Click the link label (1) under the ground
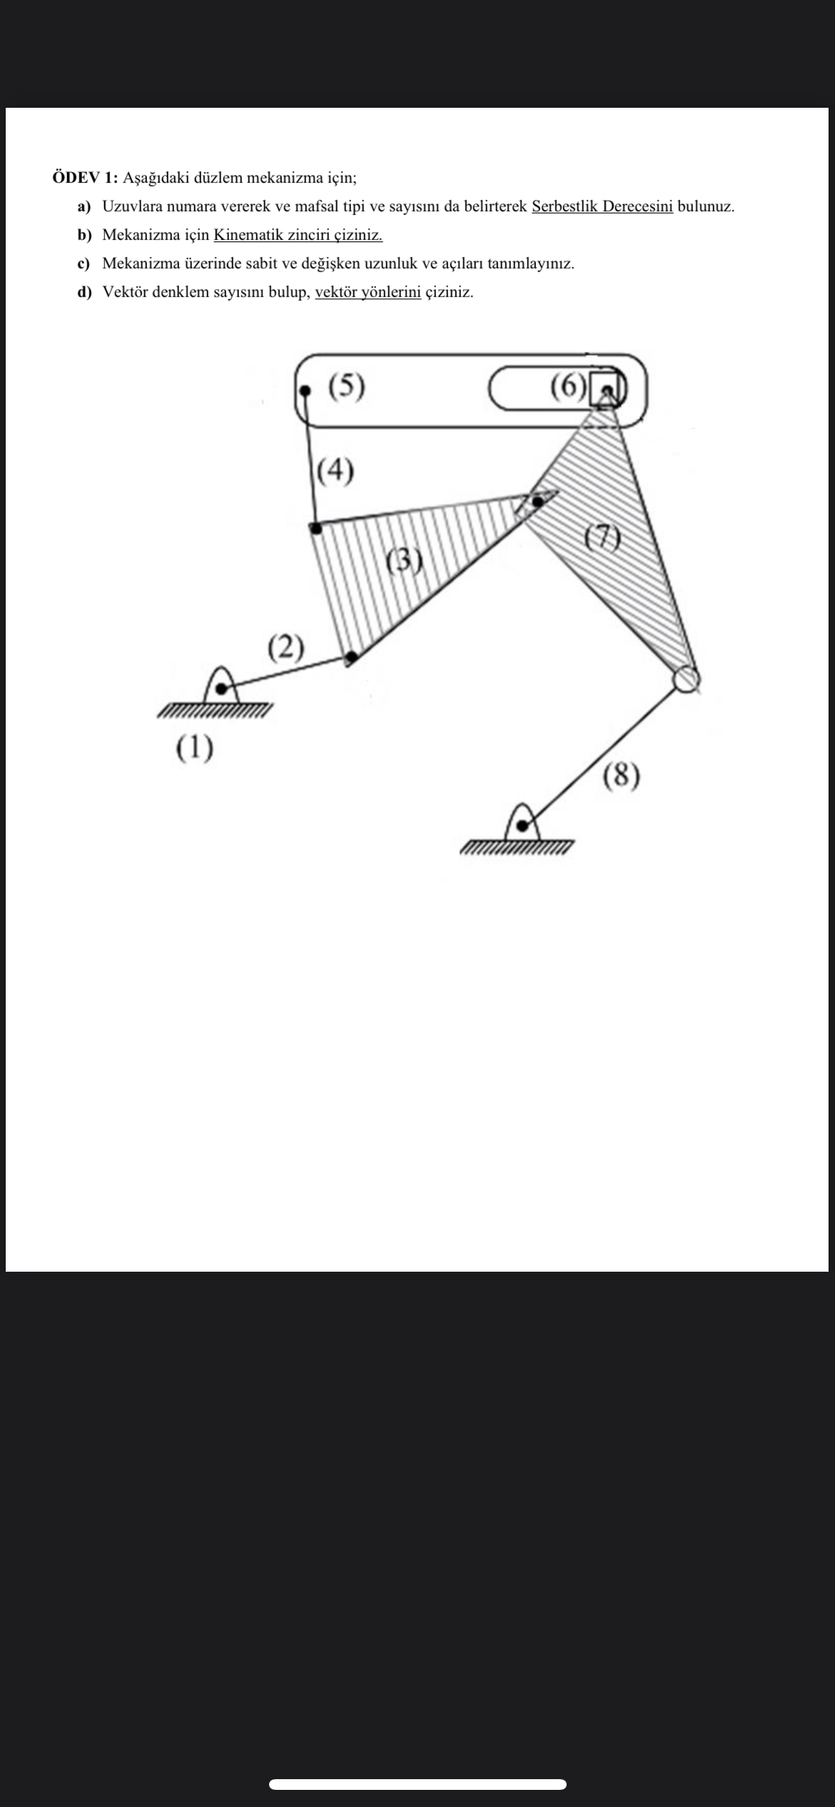(194, 748)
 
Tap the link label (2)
(285, 647)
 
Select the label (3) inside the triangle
(404, 561)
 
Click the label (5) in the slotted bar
(346, 386)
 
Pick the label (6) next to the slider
(568, 386)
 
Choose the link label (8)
(621, 775)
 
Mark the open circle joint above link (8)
(686, 679)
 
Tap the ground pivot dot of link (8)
(522, 826)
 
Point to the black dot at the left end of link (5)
(306, 391)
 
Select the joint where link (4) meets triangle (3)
(315, 528)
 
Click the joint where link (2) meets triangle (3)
(350, 657)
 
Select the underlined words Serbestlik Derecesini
(602, 206)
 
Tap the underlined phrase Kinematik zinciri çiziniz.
(298, 235)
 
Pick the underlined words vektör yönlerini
(368, 292)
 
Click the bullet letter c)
(84, 263)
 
